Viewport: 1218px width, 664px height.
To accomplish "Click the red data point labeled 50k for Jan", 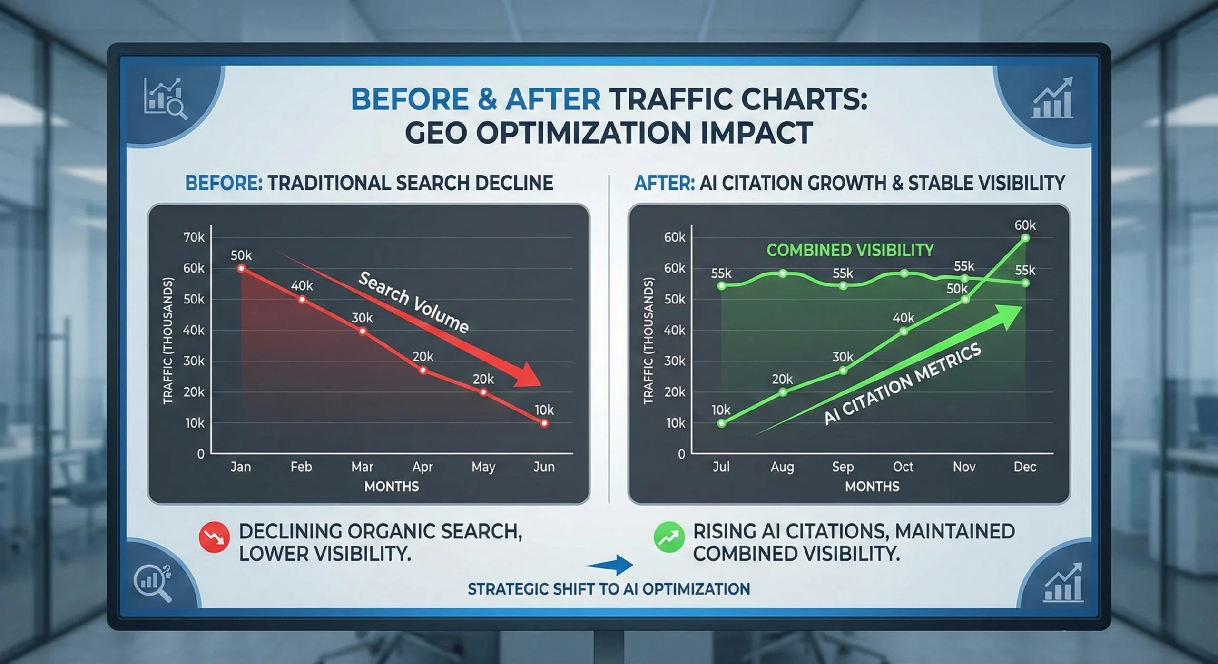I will coord(241,269).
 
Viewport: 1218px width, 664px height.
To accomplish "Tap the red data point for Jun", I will coord(544,423).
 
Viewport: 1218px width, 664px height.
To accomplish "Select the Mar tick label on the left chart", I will coord(362,467).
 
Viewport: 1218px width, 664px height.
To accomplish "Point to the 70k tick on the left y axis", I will coord(194,237).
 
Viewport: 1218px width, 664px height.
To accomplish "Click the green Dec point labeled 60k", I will coord(1025,238).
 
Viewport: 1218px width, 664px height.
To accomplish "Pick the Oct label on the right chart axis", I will coord(903,467).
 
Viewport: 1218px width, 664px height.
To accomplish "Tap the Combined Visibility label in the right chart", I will coord(850,250).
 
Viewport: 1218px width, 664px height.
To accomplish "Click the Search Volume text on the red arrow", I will coord(413,303).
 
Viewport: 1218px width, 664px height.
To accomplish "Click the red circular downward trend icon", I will coord(214,537).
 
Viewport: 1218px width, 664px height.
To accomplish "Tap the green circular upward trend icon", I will coord(669,537).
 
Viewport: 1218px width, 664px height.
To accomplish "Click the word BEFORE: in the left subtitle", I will coord(223,183).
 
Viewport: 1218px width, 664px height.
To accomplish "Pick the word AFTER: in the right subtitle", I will coord(664,183).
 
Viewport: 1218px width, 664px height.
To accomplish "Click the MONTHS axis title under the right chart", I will coord(872,486).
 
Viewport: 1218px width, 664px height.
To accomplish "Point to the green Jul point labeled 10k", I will coord(722,423).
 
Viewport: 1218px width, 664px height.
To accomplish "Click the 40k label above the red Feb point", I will coord(302,286).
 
